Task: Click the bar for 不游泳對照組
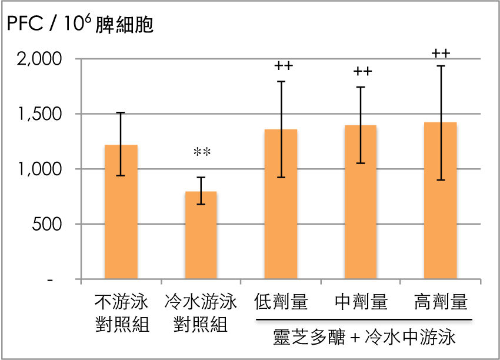click(x=121, y=212)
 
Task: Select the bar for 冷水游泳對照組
click(x=201, y=235)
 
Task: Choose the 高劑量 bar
click(x=441, y=201)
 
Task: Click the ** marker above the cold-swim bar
click(x=202, y=152)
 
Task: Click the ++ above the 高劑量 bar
click(x=441, y=53)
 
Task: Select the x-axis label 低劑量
click(x=281, y=303)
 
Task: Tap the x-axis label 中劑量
click(x=361, y=303)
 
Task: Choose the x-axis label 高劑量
click(x=441, y=303)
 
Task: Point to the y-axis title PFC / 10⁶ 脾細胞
click(x=79, y=25)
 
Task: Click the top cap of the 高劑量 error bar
click(x=441, y=66)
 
